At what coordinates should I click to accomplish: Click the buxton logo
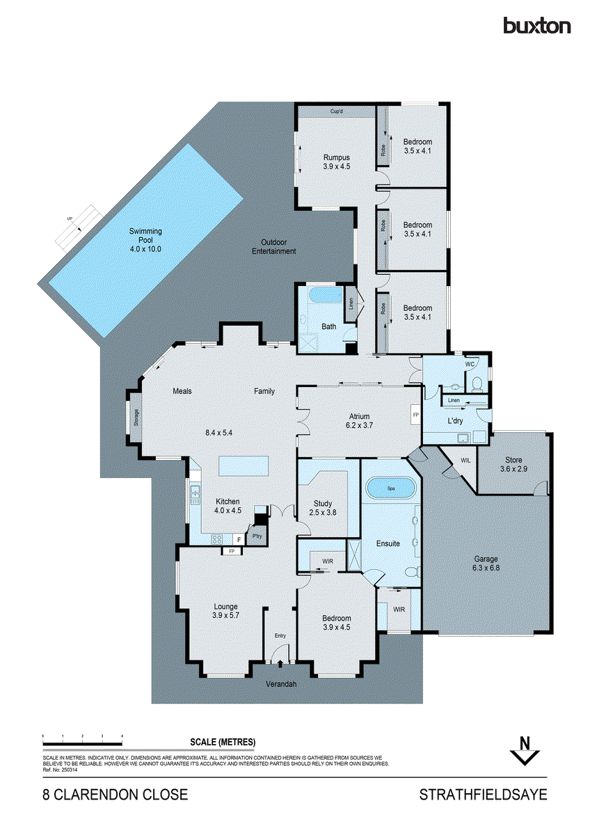536,26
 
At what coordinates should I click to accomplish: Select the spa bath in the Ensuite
390,489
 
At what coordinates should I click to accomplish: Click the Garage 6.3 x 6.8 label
486,563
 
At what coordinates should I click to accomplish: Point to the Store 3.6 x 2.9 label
513,464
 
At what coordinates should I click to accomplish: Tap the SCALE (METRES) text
222,741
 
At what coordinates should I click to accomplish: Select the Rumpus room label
335,161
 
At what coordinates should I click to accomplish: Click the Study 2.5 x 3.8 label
322,507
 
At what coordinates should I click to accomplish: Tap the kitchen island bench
244,464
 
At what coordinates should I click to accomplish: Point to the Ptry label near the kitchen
257,536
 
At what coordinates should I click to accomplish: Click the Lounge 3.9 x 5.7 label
225,610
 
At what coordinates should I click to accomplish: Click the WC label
470,364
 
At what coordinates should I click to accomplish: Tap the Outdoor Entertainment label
273,246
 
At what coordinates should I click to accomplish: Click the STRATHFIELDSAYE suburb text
483,795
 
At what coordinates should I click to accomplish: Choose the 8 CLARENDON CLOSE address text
115,795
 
